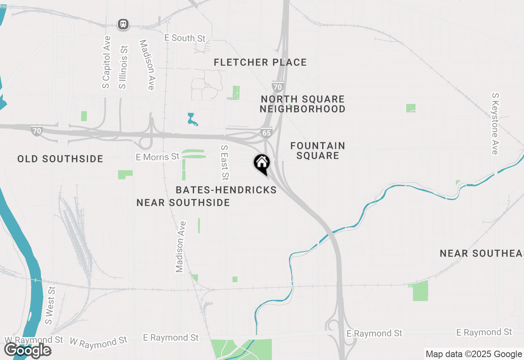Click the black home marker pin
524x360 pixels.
[262, 164]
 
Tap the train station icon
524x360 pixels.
[123, 24]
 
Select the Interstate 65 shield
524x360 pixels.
[266, 133]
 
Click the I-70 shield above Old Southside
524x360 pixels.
[37, 131]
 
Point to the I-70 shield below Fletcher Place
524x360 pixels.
[277, 87]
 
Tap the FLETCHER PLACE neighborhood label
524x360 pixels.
[260, 63]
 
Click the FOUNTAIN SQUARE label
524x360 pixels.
[318, 151]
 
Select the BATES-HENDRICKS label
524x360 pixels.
[226, 190]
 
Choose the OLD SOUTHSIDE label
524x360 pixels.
[60, 159]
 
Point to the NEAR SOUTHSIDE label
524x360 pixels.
[183, 202]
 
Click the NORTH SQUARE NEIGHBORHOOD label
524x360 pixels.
[303, 104]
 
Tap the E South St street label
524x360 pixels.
[185, 38]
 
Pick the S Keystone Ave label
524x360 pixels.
[495, 124]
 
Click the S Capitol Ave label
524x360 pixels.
[106, 62]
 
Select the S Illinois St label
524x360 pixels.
[123, 67]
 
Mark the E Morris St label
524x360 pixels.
[158, 156]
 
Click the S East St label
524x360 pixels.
[224, 162]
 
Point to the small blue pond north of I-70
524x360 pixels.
[191, 119]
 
